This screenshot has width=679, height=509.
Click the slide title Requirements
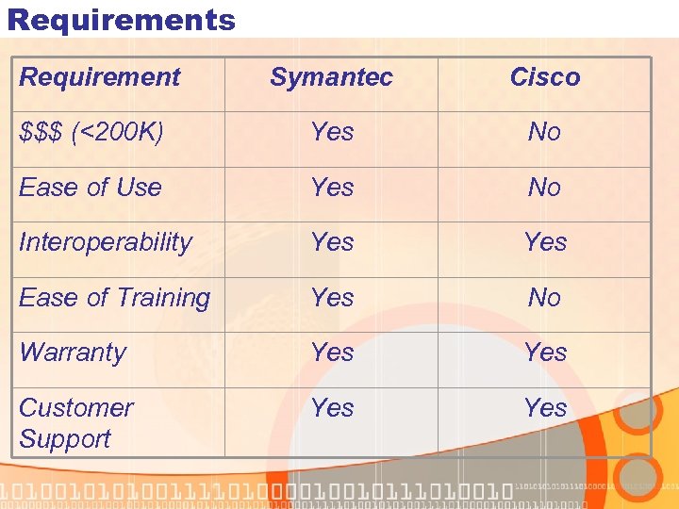pyautogui.click(x=121, y=19)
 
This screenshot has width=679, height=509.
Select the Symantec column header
pyautogui.click(x=331, y=77)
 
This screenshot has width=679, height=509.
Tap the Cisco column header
pyautogui.click(x=545, y=77)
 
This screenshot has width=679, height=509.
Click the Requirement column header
pyautogui.click(x=99, y=77)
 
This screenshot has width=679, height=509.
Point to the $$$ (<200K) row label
pyautogui.click(x=91, y=132)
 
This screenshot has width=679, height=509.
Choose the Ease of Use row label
pyautogui.click(x=91, y=187)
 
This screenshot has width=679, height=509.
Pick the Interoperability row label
pyautogui.click(x=106, y=242)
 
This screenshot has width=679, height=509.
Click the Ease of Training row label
pyautogui.click(x=114, y=298)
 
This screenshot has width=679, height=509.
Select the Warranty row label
pyautogui.click(x=73, y=353)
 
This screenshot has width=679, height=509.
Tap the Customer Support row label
pyautogui.click(x=75, y=423)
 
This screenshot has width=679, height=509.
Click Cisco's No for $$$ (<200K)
pyautogui.click(x=545, y=132)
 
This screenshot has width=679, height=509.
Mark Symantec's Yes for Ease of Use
pyautogui.click(x=332, y=187)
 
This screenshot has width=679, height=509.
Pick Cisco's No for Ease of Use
pyautogui.click(x=545, y=187)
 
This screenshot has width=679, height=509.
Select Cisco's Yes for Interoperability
pyautogui.click(x=545, y=242)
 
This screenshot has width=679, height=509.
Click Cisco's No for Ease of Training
pyautogui.click(x=545, y=298)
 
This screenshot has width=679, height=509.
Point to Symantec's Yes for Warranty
pyautogui.click(x=332, y=353)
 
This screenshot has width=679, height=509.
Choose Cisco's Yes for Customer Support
pyautogui.click(x=545, y=408)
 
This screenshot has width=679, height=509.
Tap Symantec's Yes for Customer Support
pyautogui.click(x=332, y=408)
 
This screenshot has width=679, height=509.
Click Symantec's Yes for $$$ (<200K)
pyautogui.click(x=332, y=132)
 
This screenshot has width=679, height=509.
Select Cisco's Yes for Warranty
pyautogui.click(x=545, y=353)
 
